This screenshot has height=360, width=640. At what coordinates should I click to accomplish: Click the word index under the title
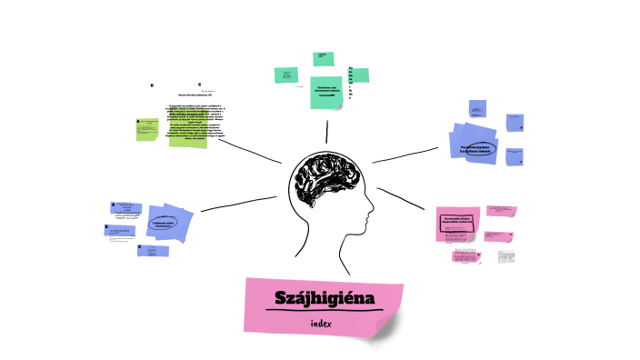click(321, 324)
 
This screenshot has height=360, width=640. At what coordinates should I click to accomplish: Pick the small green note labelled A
click(146, 127)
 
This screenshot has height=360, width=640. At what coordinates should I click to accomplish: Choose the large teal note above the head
click(328, 90)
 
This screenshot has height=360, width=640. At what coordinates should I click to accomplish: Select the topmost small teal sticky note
click(320, 58)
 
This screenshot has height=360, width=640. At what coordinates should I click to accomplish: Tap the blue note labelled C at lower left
click(152, 250)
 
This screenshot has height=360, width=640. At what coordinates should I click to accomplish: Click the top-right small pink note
click(501, 211)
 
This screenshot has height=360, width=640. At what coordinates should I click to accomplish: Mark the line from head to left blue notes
click(238, 204)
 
